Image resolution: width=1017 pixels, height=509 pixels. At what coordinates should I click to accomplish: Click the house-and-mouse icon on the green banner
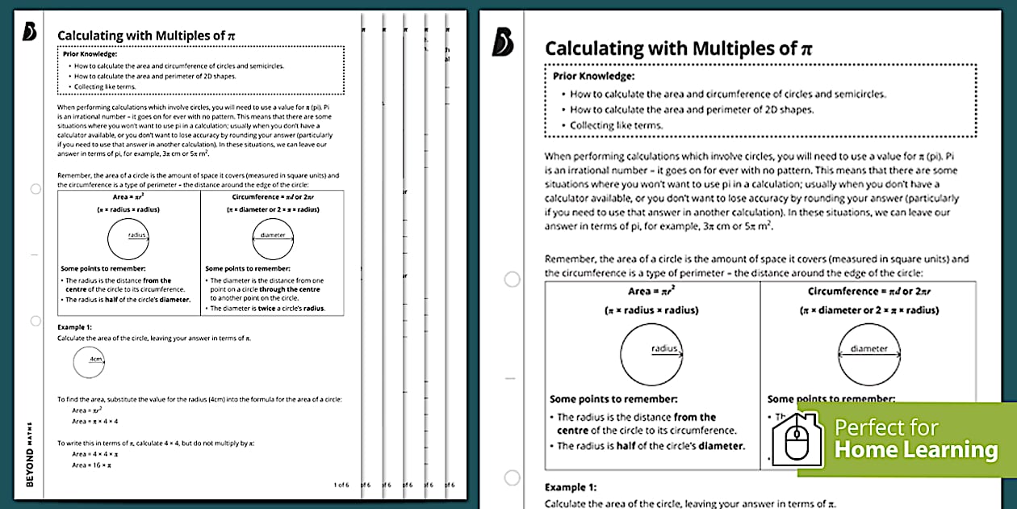pos(797,440)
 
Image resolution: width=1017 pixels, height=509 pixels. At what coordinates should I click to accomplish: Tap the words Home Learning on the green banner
pos(916,450)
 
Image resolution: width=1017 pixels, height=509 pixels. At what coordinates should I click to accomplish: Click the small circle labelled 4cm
pos(89,362)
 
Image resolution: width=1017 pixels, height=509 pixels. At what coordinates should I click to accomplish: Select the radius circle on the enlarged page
pos(652,351)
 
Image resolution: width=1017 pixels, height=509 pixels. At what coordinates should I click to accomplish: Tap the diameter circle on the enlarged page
pos(869,351)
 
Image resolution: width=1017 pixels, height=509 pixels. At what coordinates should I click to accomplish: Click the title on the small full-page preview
pos(145,36)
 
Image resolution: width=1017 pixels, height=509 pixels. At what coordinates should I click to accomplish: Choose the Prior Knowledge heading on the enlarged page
pos(593,76)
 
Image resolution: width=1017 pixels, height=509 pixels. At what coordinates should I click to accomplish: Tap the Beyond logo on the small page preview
pos(31,31)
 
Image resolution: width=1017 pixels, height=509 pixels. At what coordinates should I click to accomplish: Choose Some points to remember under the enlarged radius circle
pos(613,399)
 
